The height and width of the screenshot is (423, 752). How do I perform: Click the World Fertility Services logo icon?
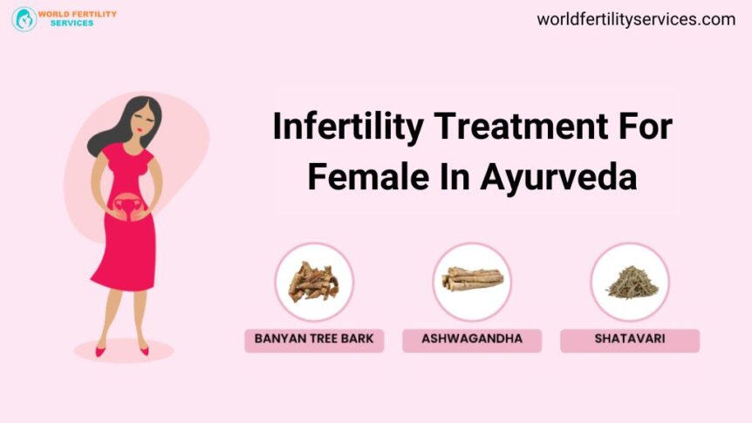(x=24, y=19)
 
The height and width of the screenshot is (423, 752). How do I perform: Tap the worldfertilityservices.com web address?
(x=636, y=19)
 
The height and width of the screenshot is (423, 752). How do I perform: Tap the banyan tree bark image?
(x=314, y=282)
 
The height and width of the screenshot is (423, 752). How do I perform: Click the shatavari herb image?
(x=630, y=282)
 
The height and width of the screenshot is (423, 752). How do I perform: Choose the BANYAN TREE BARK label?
(x=314, y=338)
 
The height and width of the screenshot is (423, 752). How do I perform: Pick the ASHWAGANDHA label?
(x=472, y=338)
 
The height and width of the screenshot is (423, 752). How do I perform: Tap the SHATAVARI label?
(x=630, y=338)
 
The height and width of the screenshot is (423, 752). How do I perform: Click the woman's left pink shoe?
(x=144, y=351)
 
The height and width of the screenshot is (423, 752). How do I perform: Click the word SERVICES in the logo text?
(x=72, y=24)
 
